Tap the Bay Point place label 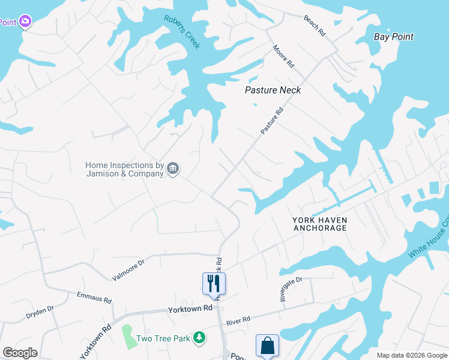tap(394, 37)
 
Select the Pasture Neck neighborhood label tap(273, 90)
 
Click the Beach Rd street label tap(315, 26)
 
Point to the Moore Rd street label tap(283, 56)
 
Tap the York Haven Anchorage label tap(319, 224)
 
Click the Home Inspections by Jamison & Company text tap(125, 169)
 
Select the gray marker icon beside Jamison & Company tap(173, 169)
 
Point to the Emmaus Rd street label tap(94, 296)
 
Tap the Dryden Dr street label tap(40, 312)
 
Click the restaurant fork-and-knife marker tap(212, 283)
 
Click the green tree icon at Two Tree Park tap(199, 338)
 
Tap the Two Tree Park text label tap(163, 338)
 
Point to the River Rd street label tap(238, 322)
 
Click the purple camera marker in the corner tap(25, 22)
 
